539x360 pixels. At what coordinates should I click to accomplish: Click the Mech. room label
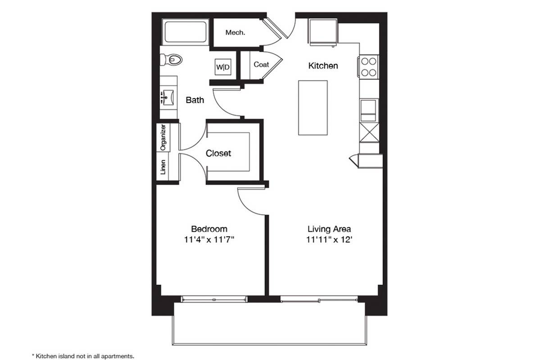click(x=235, y=33)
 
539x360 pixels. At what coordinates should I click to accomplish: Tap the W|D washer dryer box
click(x=223, y=67)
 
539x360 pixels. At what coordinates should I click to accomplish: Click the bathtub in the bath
click(x=185, y=33)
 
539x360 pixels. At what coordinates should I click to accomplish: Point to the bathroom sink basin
click(x=168, y=97)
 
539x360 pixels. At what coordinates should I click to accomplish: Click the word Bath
click(x=195, y=100)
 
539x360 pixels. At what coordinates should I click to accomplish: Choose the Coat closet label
click(x=261, y=64)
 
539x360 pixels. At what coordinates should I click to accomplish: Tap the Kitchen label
click(x=323, y=66)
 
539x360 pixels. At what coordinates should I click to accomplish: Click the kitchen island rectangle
click(x=313, y=108)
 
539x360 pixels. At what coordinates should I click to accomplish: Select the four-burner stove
click(x=369, y=67)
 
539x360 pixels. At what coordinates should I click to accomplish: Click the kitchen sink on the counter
click(x=368, y=110)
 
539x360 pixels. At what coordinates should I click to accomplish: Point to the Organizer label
click(x=163, y=137)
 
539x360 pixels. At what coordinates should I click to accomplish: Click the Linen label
click(x=163, y=167)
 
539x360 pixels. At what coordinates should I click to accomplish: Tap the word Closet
click(x=218, y=153)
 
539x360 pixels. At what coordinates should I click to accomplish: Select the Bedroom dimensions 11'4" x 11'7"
click(x=209, y=239)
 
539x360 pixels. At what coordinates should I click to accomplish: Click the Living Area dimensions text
click(x=329, y=239)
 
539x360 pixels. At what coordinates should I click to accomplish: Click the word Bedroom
click(x=209, y=229)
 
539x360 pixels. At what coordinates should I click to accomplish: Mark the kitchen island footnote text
click(x=82, y=356)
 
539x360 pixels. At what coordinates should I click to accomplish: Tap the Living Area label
click(x=329, y=229)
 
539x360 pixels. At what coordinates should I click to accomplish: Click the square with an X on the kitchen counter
click(x=369, y=132)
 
